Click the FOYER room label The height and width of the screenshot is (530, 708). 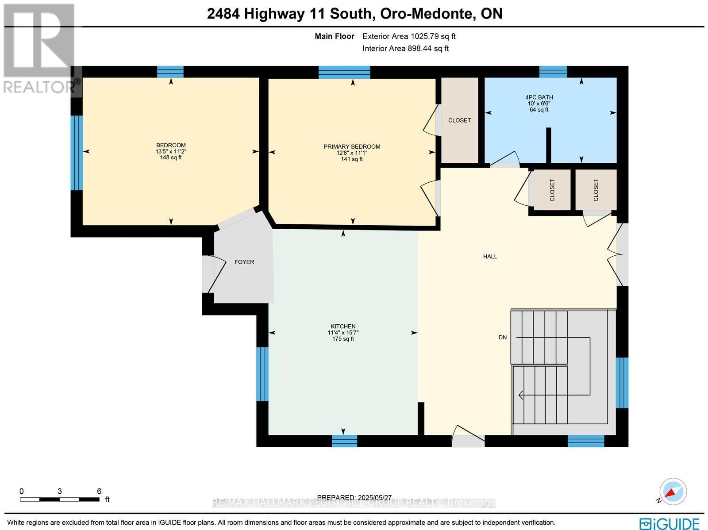pyautogui.click(x=244, y=262)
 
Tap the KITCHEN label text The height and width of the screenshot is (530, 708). pyautogui.click(x=343, y=326)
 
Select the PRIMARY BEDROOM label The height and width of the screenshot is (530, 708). pyautogui.click(x=352, y=146)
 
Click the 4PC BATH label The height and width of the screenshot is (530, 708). pyautogui.click(x=539, y=97)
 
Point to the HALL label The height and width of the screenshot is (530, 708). pyautogui.click(x=490, y=256)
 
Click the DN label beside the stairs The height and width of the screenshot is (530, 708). pyautogui.click(x=503, y=337)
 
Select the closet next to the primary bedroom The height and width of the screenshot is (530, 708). pyautogui.click(x=459, y=120)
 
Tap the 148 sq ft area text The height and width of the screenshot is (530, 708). pyautogui.click(x=171, y=157)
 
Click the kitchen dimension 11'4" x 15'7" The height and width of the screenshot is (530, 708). pyautogui.click(x=343, y=333)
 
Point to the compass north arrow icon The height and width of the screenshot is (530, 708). pyautogui.click(x=672, y=492)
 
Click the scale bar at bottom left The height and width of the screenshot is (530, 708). pyautogui.click(x=59, y=499)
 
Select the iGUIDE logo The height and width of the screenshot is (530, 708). pyautogui.click(x=669, y=523)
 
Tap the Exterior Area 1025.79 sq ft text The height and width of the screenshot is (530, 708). pyautogui.click(x=409, y=36)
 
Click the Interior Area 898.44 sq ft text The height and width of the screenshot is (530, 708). pyautogui.click(x=405, y=49)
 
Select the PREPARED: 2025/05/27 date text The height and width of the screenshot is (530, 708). pyautogui.click(x=354, y=497)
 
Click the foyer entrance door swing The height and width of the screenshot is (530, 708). pyautogui.click(x=212, y=274)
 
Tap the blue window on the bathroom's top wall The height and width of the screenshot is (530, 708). pyautogui.click(x=553, y=71)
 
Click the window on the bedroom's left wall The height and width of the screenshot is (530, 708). pyautogui.click(x=77, y=153)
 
